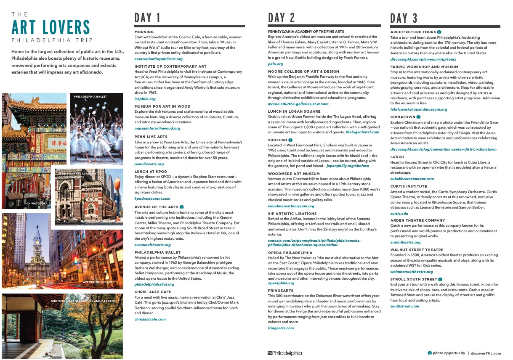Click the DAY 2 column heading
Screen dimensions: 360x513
tap(282, 18)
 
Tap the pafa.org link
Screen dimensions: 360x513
tap(275, 64)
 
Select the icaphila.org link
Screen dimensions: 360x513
tap(145, 99)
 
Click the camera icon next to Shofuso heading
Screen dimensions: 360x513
tap(290, 140)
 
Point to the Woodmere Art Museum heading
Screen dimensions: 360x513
tap(294, 173)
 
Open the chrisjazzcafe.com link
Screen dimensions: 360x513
tap(150, 319)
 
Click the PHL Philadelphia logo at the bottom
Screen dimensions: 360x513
tap(284, 353)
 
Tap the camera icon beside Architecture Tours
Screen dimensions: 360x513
tap(439, 32)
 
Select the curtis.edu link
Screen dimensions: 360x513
tap(399, 214)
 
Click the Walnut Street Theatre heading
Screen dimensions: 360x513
tap(417, 250)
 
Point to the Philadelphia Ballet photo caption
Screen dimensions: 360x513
tap(90, 97)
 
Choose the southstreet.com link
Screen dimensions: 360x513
tap(404, 306)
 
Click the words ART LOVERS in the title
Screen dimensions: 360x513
tap(51, 28)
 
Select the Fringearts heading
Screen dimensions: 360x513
tap(281, 290)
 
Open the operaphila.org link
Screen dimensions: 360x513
tap(281, 283)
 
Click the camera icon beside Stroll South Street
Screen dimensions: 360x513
tap(440, 279)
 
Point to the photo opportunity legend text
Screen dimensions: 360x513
tap(449, 353)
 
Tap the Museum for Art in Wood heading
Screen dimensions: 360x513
tap(162, 106)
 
